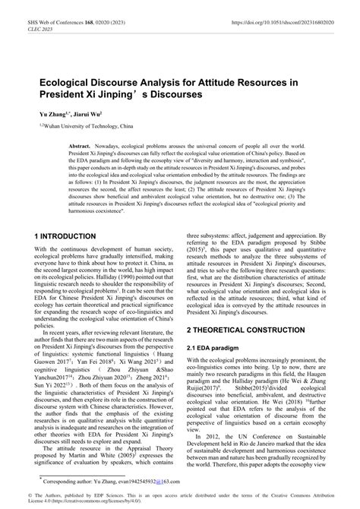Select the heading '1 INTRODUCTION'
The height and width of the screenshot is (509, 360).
pyautogui.click(x=65, y=236)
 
